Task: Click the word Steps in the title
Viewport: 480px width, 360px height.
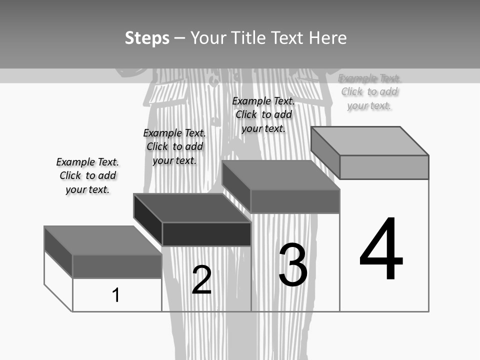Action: tap(147, 38)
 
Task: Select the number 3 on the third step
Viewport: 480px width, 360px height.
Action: tap(293, 265)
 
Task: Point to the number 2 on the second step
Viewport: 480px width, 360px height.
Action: tap(202, 279)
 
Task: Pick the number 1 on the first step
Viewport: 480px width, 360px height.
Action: tap(116, 295)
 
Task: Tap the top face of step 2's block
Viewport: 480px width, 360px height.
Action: tap(192, 208)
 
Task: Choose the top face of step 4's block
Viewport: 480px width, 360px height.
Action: tap(370, 141)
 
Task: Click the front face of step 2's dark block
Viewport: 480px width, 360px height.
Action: tap(206, 234)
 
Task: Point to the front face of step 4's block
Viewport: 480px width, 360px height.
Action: tap(384, 167)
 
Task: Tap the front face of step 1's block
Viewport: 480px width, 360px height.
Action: tap(117, 266)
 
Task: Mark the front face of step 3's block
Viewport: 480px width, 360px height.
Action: tap(295, 201)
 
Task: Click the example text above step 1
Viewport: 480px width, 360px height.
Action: tap(87, 175)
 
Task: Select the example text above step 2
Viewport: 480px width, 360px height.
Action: tap(174, 146)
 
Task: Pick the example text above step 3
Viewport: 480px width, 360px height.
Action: tap(263, 114)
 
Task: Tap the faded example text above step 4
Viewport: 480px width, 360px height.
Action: tap(369, 91)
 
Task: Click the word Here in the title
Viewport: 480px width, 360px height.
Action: tap(327, 38)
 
